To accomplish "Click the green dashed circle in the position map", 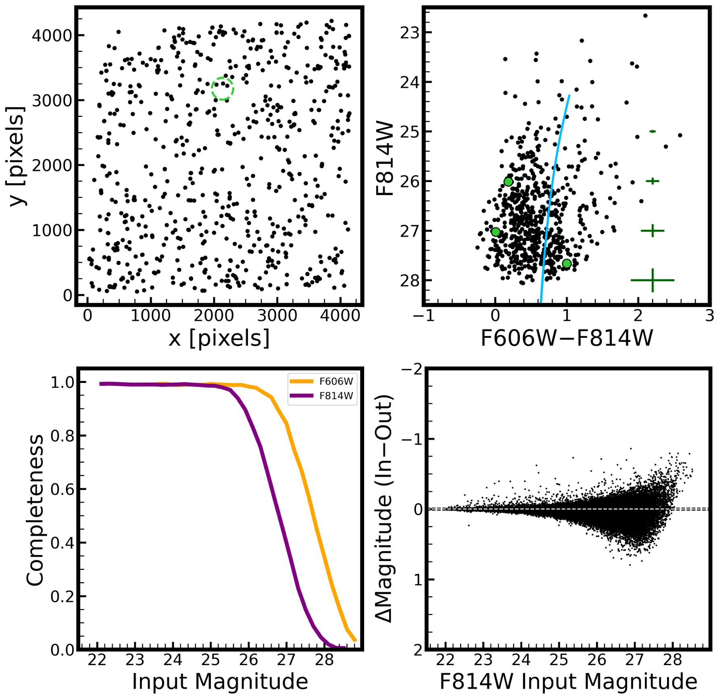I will click(x=222, y=88).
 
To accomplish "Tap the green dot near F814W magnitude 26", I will click(x=508, y=182).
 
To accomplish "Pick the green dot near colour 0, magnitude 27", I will click(x=496, y=232).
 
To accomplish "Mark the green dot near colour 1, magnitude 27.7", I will click(x=567, y=264).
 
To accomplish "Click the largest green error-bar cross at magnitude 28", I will click(x=652, y=280).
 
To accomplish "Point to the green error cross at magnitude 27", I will click(x=652, y=231).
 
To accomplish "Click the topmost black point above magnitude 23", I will click(x=645, y=16).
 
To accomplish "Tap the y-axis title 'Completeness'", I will click(x=35, y=510).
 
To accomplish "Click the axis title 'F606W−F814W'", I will click(x=567, y=338).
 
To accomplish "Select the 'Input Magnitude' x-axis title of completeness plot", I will click(x=220, y=681).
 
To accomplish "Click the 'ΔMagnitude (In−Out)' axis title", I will click(x=384, y=509).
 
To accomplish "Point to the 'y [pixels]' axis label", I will click(x=16, y=156).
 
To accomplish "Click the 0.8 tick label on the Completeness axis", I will click(x=63, y=436).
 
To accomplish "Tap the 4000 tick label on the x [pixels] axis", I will click(x=340, y=315).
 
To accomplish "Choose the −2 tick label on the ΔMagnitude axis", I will click(x=412, y=369).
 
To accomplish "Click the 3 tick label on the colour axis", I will click(x=709, y=315).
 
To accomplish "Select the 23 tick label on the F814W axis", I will click(x=410, y=33).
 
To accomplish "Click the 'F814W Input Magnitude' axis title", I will click(x=568, y=681).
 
